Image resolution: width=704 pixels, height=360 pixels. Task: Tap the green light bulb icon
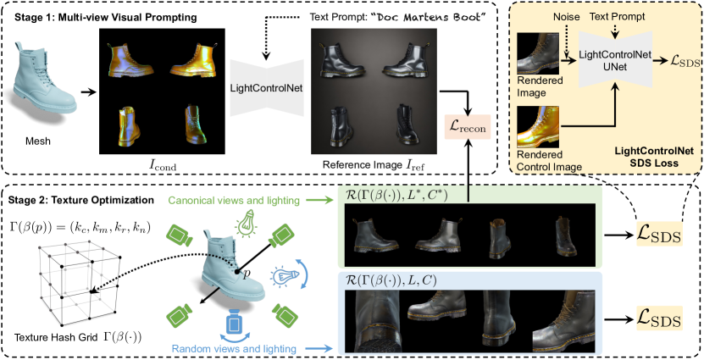pos(247,201)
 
